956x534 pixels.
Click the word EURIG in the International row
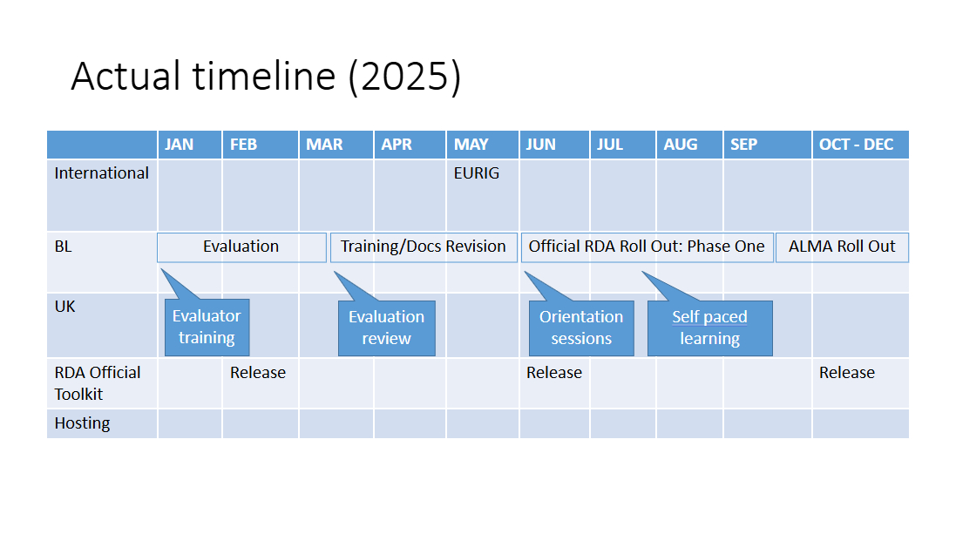click(476, 173)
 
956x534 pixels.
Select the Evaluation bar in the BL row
click(241, 247)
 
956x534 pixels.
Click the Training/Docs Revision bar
click(424, 247)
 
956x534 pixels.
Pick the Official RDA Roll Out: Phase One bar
click(647, 247)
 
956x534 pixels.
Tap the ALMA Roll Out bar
click(842, 247)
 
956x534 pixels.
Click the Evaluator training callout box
click(207, 327)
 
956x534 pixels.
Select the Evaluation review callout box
click(387, 328)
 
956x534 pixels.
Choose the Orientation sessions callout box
click(581, 328)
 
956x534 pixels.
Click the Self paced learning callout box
click(709, 328)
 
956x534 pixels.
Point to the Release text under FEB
click(258, 373)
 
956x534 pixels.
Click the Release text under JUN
click(554, 373)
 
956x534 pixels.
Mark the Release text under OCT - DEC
click(847, 373)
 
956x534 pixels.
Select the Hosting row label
click(82, 423)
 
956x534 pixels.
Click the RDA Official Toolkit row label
click(98, 383)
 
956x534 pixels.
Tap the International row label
click(101, 173)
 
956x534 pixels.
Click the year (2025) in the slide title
click(404, 76)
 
